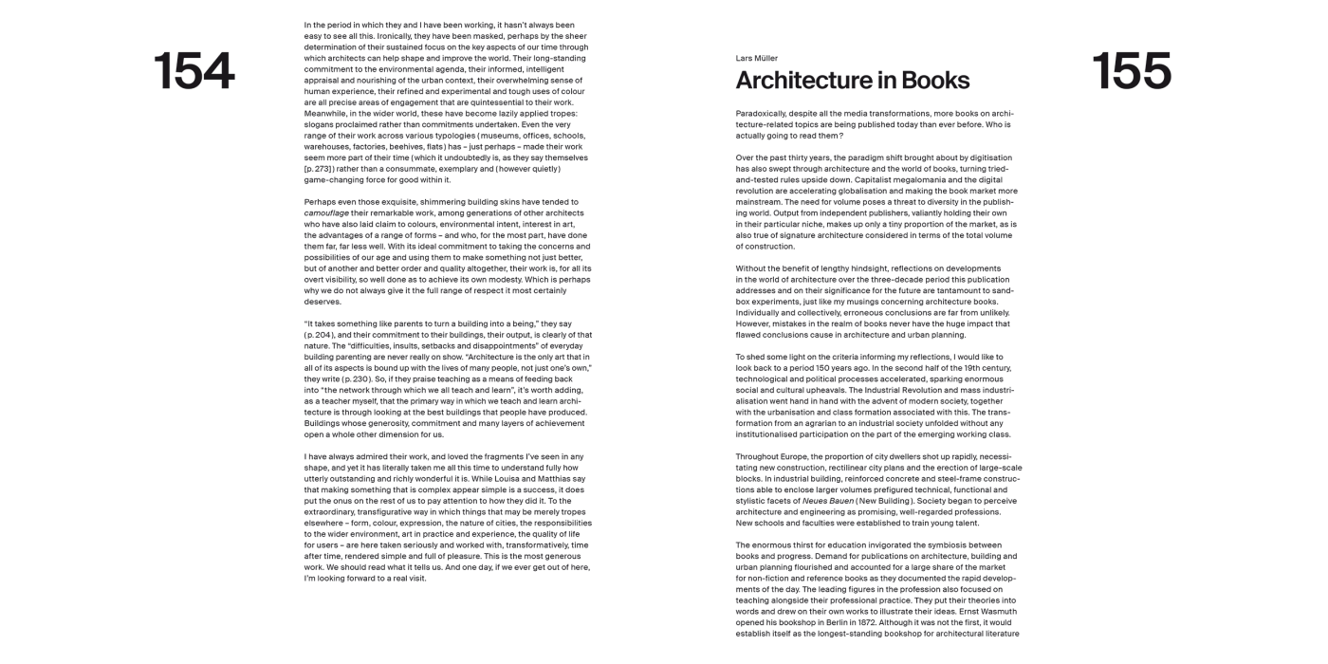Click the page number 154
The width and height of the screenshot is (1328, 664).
coord(194,72)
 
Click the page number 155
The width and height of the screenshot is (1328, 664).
coord(1131,72)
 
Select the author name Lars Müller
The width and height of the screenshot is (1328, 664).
coord(757,58)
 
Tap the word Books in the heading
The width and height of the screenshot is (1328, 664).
coord(935,81)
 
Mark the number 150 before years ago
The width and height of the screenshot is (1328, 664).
coord(853,368)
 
